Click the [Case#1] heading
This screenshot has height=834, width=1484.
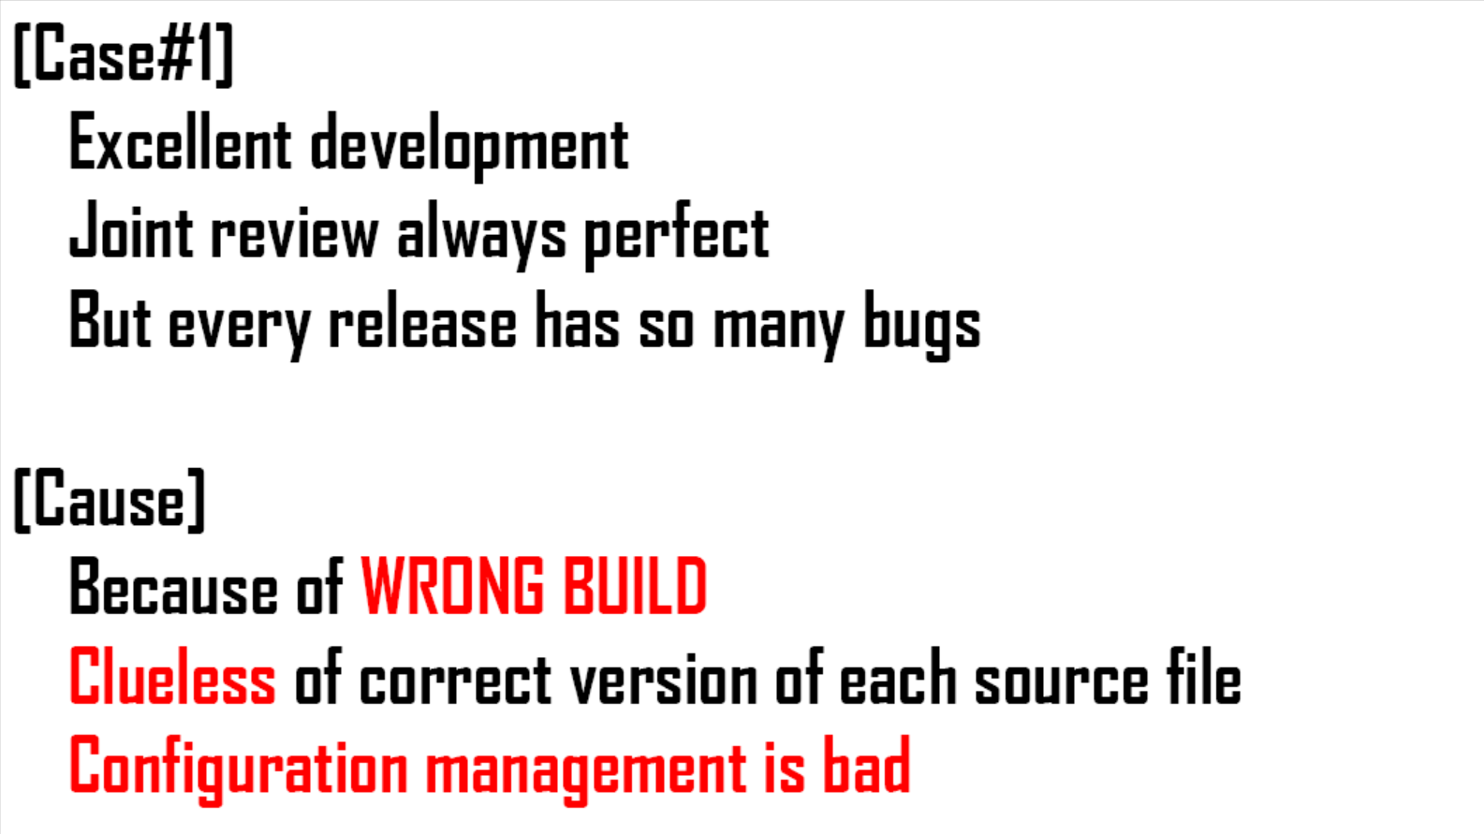[x=124, y=53]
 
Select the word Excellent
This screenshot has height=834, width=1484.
[x=180, y=141]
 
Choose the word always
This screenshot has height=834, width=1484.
[x=481, y=236]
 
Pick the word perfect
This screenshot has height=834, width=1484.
[x=676, y=236]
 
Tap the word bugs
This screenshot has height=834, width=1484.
[x=922, y=325]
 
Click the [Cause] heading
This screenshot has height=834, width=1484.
[x=110, y=499]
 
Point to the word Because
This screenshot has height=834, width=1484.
[x=173, y=585]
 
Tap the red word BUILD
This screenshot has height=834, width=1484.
[x=635, y=585]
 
